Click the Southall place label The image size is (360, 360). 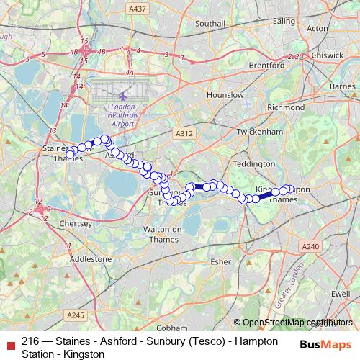click(x=210, y=23)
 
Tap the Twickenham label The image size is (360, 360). click(x=260, y=132)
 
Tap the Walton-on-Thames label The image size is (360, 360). click(x=167, y=235)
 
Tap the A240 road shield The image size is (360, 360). click(x=311, y=247)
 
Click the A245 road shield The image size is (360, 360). click(x=76, y=315)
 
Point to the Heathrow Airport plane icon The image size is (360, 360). click(x=123, y=95)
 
